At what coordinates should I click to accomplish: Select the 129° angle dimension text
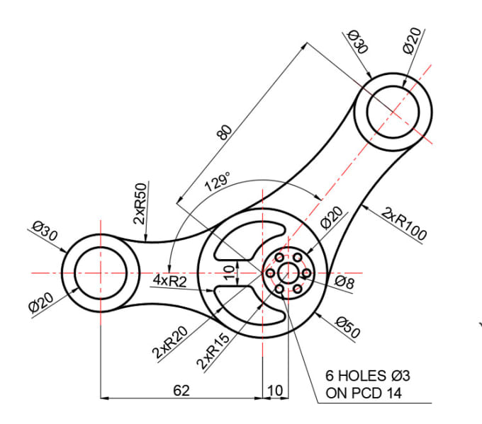[217, 182]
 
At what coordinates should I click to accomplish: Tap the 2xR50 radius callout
[140, 204]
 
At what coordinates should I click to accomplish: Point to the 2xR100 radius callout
[403, 224]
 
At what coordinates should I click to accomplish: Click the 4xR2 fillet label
[170, 280]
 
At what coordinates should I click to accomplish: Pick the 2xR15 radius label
[214, 351]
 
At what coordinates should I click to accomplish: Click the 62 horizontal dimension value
[181, 390]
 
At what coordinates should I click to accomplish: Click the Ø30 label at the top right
[358, 42]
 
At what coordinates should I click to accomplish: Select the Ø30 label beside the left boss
[45, 234]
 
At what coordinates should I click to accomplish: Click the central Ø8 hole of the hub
[288, 273]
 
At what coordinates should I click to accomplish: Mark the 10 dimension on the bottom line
[275, 390]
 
